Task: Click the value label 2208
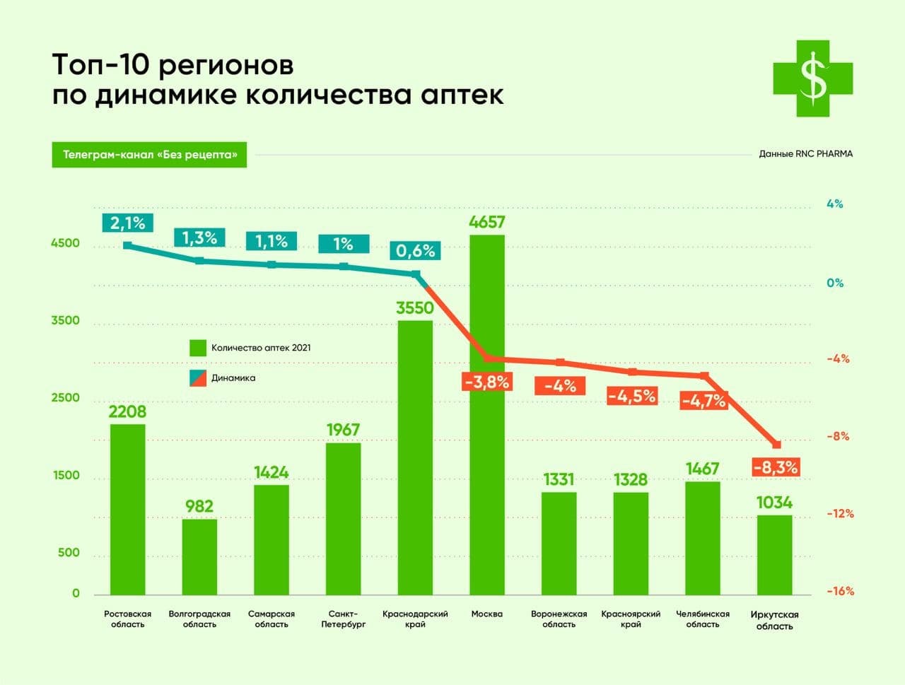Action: [127, 411]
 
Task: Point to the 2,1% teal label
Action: [127, 223]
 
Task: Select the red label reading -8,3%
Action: [776, 467]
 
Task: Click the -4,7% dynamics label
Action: [703, 401]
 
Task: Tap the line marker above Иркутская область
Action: [776, 445]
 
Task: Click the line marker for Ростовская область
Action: [127, 245]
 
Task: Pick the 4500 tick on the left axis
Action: [65, 243]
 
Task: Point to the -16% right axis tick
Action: [840, 591]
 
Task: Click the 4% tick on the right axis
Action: [834, 204]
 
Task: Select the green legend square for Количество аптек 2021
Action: [198, 348]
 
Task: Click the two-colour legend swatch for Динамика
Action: [198, 378]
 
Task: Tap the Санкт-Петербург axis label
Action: [344, 619]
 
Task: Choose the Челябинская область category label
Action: [703, 619]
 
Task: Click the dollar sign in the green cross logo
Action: [813, 78]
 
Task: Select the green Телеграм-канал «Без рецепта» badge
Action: [149, 155]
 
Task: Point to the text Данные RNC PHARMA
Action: [805, 154]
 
